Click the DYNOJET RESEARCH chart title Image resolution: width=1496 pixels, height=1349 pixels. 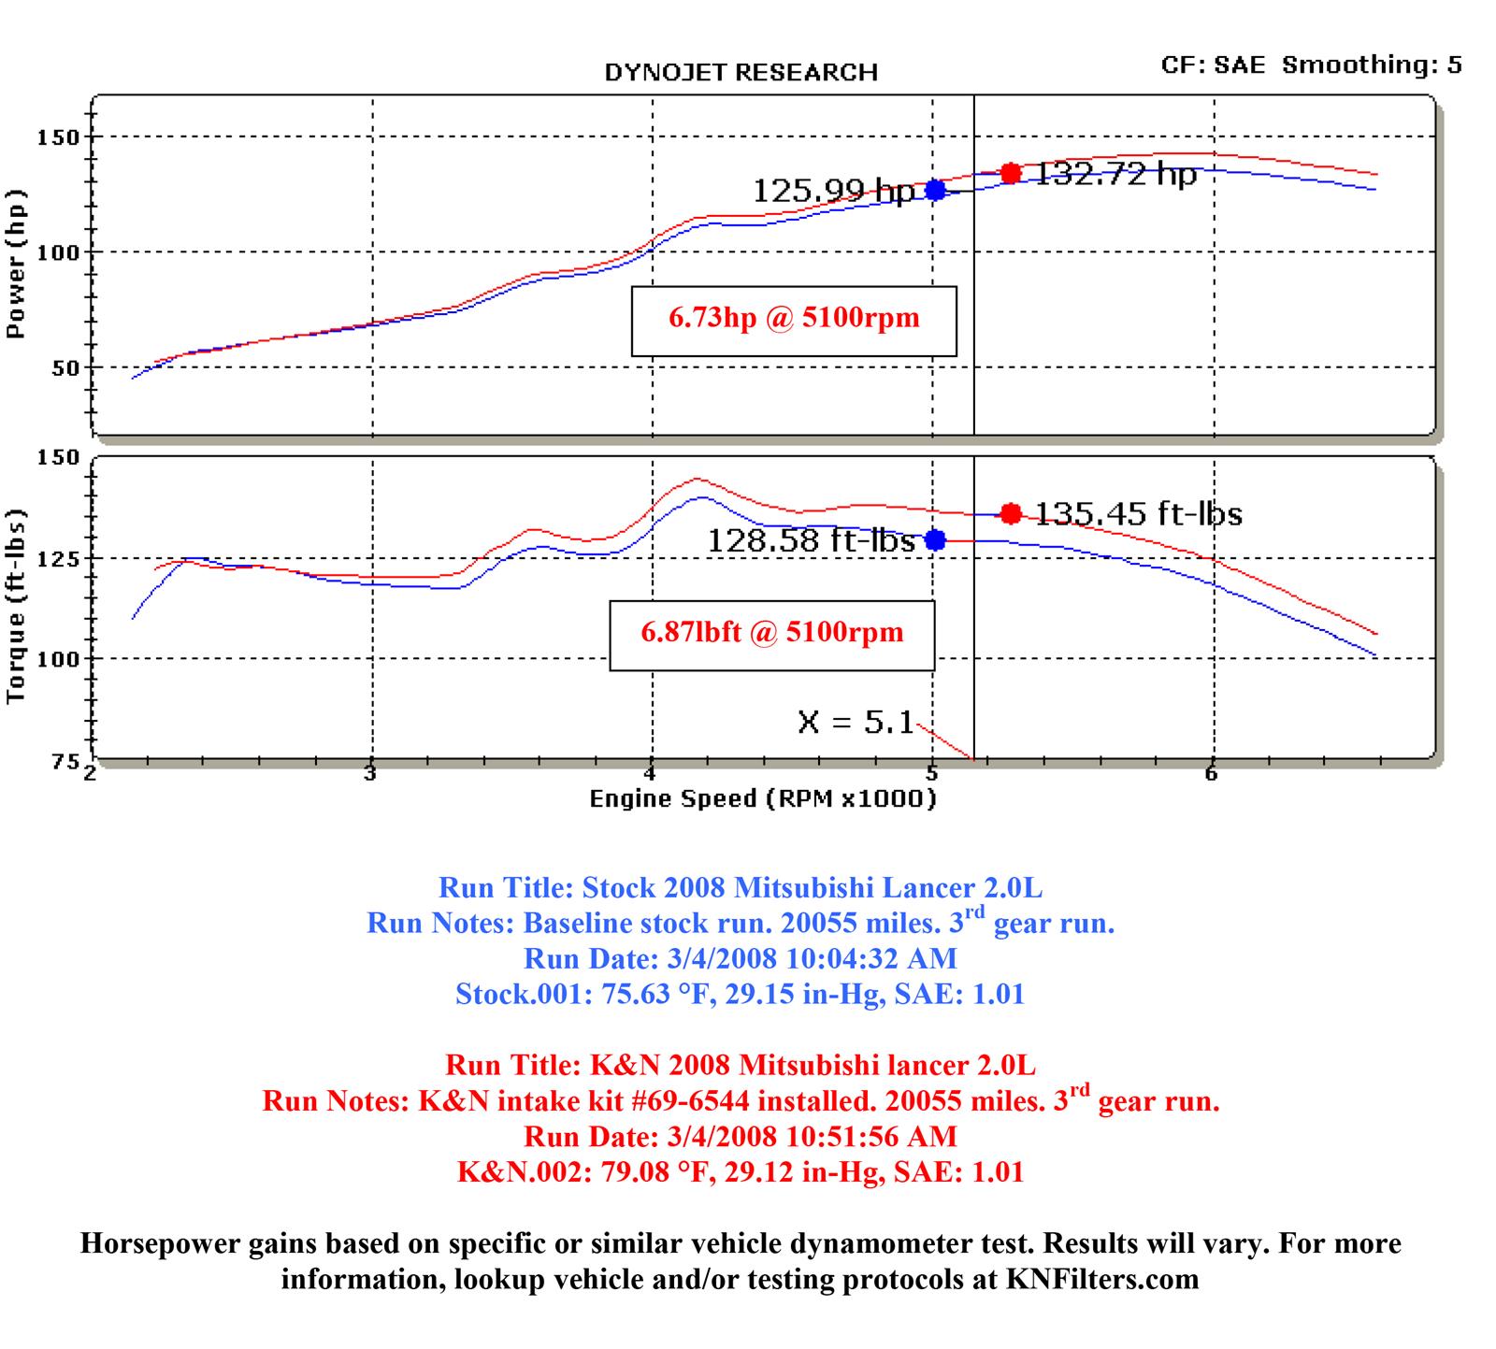click(x=741, y=73)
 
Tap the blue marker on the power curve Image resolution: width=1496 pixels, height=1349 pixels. click(x=935, y=190)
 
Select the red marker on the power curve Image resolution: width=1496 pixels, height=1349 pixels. click(x=1010, y=173)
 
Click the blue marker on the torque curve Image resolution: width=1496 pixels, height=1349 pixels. click(x=935, y=539)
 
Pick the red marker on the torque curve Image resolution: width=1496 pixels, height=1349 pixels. click(x=1011, y=513)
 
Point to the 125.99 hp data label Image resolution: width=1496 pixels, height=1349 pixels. click(x=834, y=191)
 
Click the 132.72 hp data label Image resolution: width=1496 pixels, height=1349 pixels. click(x=1115, y=174)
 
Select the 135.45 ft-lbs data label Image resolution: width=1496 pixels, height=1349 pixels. click(x=1139, y=514)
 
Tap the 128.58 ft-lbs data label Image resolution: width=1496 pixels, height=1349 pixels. click(x=811, y=540)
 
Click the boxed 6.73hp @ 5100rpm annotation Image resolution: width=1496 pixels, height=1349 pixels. click(x=794, y=320)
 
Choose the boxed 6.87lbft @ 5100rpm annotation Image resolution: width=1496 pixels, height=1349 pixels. click(x=772, y=634)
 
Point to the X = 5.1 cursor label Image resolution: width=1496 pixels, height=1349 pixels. click(x=856, y=722)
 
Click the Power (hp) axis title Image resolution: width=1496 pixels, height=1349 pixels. click(x=16, y=265)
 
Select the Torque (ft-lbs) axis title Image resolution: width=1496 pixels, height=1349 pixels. click(x=16, y=607)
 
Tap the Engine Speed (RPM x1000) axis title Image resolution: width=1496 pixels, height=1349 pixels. click(x=762, y=799)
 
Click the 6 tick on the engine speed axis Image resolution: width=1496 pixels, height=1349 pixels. click(x=1212, y=774)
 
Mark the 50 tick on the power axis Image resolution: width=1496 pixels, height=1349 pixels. click(x=64, y=368)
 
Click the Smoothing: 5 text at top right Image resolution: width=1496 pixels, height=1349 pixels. click(x=1372, y=65)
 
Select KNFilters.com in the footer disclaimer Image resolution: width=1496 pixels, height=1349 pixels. click(x=1102, y=1279)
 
